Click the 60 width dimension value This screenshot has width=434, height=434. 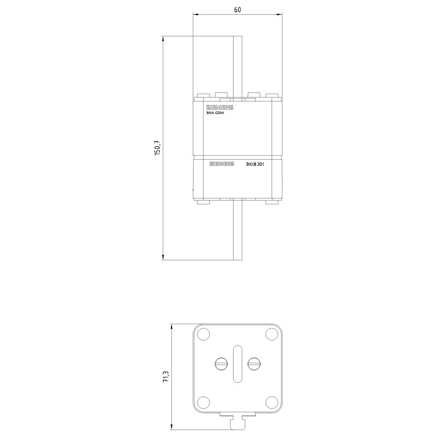pyautogui.click(x=237, y=10)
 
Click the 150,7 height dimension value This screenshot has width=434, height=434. pyautogui.click(x=158, y=148)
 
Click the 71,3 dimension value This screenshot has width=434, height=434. pyautogui.click(x=165, y=377)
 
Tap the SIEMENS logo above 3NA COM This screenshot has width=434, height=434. pyautogui.click(x=220, y=107)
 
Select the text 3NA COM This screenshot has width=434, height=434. pyautogui.click(x=218, y=114)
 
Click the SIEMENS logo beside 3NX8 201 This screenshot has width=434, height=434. pyautogui.click(x=221, y=164)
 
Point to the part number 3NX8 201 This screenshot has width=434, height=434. pyautogui.click(x=255, y=164)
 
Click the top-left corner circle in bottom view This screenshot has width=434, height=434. pyautogui.click(x=202, y=334)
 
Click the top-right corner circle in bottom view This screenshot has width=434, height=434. pyautogui.click(x=272, y=334)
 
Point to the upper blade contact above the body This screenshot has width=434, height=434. pyautogui.click(x=238, y=65)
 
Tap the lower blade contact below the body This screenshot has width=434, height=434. pyautogui.click(x=238, y=230)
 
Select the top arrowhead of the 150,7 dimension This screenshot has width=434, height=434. pyautogui.click(x=163, y=39)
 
